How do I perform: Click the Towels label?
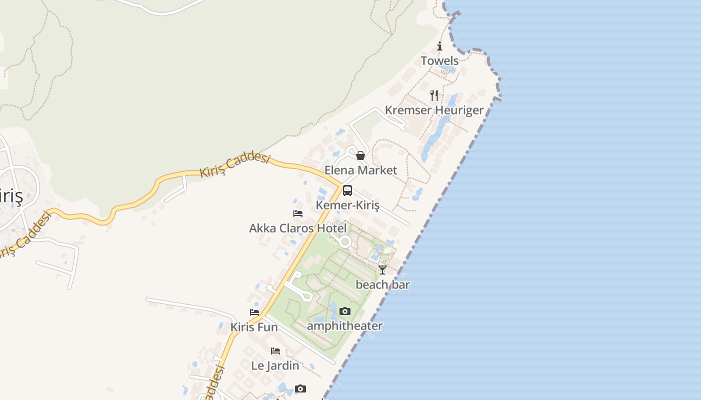pos(439,61)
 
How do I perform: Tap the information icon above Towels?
pos(440,46)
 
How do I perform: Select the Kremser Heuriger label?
pos(434,110)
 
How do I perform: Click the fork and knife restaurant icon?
pos(434,95)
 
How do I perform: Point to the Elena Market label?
pos(361,170)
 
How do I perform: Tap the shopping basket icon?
pos(360,155)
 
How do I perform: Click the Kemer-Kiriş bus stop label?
pos(347,205)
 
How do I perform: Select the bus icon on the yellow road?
pos(347,190)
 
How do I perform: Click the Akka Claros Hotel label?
pos(298,228)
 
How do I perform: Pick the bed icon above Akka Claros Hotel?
pos(298,213)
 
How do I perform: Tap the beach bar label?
pos(383,285)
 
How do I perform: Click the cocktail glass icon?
pos(383,270)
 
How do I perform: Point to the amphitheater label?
pos(344,326)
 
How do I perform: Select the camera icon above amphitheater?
pos(344,311)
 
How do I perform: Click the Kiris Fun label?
pos(254,327)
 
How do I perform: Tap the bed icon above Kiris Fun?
pos(254,312)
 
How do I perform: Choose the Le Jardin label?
pos(275,365)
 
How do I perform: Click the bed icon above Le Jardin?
pos(275,351)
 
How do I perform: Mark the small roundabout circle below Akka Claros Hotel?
pos(345,242)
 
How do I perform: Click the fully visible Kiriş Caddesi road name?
pos(235,165)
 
